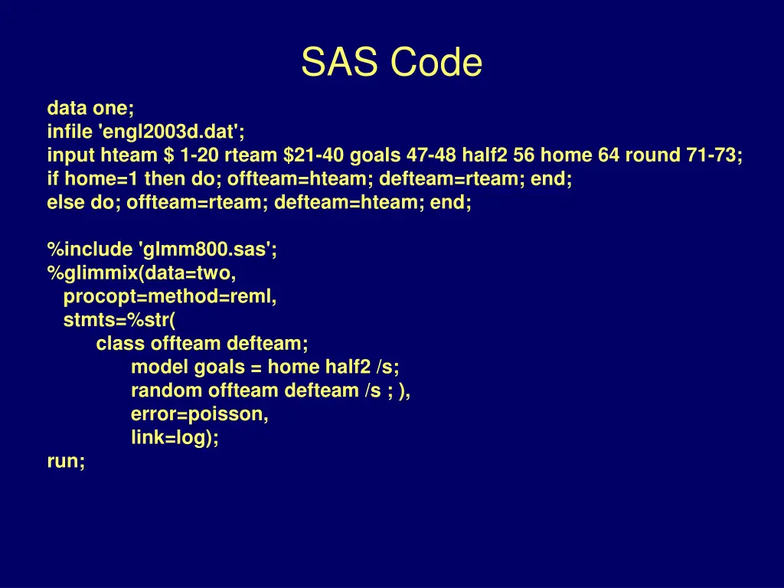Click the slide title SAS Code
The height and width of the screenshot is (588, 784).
point(391,62)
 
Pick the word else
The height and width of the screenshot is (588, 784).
point(63,203)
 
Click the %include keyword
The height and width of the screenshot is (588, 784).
point(90,250)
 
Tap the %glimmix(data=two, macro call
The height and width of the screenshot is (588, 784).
point(142,273)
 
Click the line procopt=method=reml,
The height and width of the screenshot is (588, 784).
point(170,296)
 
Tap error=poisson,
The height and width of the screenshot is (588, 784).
point(200,414)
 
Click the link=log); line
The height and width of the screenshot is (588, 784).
point(175,438)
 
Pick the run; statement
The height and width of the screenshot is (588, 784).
point(66,462)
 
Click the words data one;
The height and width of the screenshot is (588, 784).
point(90,107)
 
